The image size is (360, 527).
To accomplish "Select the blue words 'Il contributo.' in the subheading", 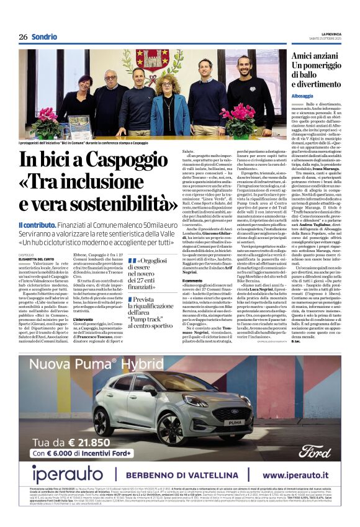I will point(37,225).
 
